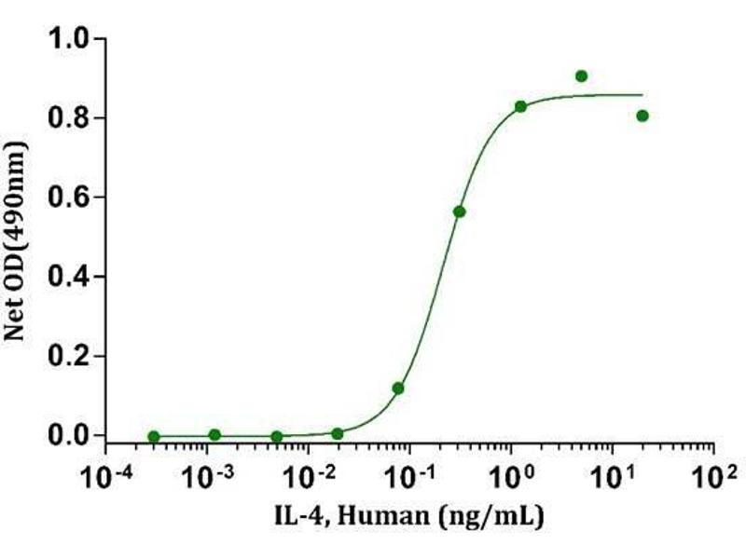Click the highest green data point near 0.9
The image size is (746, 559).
tap(582, 75)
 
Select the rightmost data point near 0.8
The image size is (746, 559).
tap(642, 116)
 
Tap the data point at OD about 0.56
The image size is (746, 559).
tap(460, 211)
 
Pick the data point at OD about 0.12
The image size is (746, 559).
tap(398, 388)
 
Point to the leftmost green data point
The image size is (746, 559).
tap(154, 436)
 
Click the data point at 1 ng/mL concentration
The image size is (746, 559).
tap(520, 106)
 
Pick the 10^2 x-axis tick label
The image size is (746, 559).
tap(714, 477)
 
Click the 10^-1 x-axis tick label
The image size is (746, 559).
tap(409, 477)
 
